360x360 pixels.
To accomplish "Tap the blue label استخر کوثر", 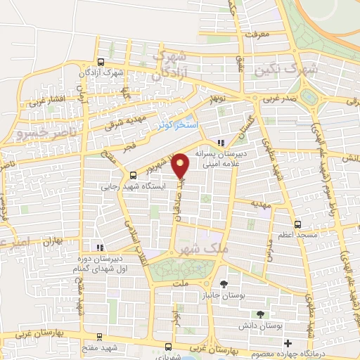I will (x=179, y=124).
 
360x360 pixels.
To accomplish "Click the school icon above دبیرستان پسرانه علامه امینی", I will (x=221, y=142).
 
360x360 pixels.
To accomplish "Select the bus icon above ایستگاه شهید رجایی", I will (x=133, y=175).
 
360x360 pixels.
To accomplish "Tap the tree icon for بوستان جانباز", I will (x=224, y=284).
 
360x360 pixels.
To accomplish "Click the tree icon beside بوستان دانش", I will (x=261, y=314).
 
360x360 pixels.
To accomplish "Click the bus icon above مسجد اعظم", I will (x=298, y=224).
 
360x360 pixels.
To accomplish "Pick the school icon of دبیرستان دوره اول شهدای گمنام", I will (x=100, y=247).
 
